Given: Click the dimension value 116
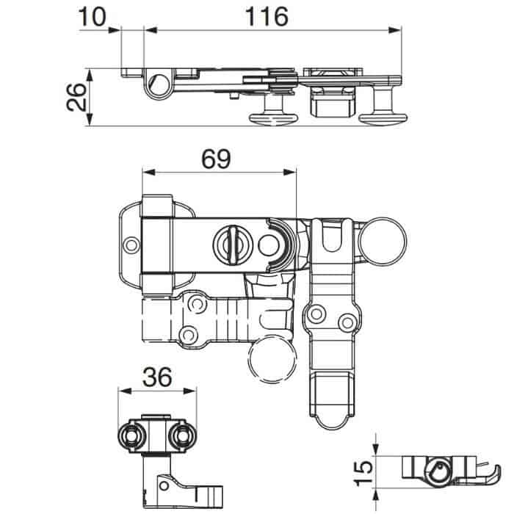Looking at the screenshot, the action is [267, 17].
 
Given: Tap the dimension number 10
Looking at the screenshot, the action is [93, 17].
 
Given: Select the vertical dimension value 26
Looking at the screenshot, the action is [76, 97].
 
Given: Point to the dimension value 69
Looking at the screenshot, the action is [216, 159].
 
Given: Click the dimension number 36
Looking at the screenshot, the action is [157, 377].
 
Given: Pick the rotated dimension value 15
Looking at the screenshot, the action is [363, 473].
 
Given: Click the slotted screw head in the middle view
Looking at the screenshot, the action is [233, 245].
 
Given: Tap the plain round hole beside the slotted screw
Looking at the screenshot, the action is [269, 245].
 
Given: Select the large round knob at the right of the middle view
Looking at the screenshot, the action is [383, 242].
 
